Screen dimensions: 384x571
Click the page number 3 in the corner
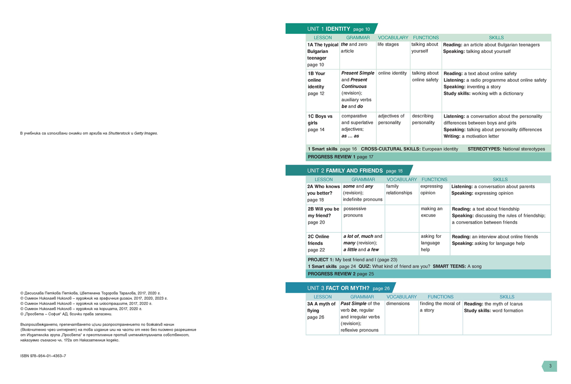click(x=550, y=366)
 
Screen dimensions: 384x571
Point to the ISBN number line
click(x=43, y=355)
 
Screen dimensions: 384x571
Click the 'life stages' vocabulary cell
click(x=388, y=45)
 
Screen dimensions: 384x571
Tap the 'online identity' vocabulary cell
click(x=393, y=73)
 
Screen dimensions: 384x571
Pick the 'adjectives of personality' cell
click(x=392, y=119)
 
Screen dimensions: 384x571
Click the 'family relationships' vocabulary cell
click(x=399, y=190)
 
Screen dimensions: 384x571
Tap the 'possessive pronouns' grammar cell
click(x=355, y=212)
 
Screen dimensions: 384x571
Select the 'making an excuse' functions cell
click(x=432, y=212)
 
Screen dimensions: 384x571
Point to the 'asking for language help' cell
click(x=431, y=243)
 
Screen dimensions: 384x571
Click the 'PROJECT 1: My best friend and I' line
click(x=352, y=259)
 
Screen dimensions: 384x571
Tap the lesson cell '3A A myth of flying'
click(x=322, y=310)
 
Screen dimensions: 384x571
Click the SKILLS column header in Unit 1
click(x=496, y=38)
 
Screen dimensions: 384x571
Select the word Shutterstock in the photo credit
click(x=123, y=133)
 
